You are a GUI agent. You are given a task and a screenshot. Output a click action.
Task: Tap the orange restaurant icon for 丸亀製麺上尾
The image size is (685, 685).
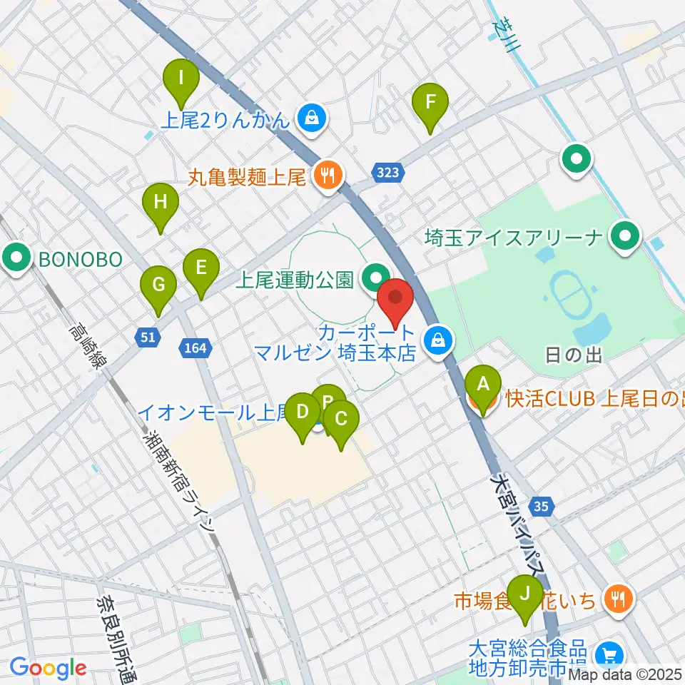pos(328,174)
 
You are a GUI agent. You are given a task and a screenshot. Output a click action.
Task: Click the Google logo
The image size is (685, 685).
pos(48,668)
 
